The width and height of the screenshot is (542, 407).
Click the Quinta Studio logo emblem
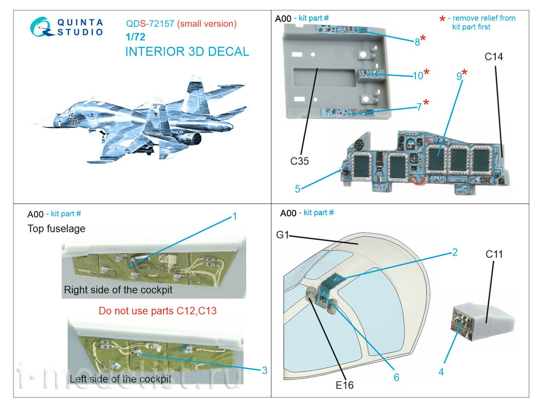(42, 27)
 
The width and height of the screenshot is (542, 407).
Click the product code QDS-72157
(150, 24)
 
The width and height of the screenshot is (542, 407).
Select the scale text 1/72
(135, 37)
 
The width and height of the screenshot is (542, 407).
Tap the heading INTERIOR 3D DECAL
(187, 52)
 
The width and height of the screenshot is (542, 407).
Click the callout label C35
(299, 161)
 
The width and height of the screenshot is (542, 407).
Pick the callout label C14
(494, 57)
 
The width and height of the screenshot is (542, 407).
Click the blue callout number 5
(297, 189)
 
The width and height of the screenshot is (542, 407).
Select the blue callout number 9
(459, 76)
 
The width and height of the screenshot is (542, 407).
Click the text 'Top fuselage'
(56, 229)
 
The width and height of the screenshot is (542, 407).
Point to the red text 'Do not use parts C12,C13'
(158, 311)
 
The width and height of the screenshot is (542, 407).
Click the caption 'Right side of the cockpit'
(118, 290)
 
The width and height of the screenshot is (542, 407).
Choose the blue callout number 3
(265, 370)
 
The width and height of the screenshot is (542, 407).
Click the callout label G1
(282, 235)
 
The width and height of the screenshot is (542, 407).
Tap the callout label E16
(345, 385)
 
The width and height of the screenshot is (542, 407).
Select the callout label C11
(494, 254)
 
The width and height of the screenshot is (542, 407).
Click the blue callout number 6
(396, 377)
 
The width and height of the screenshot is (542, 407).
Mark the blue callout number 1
(234, 216)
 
